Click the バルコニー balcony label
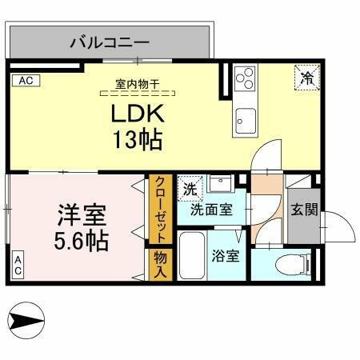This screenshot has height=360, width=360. [x=109, y=40]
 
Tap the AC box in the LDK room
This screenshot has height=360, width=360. [x=25, y=80]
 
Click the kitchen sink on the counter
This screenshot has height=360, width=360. [x=243, y=120]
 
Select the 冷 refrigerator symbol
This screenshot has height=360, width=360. [x=307, y=78]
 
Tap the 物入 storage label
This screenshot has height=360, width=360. [x=160, y=265]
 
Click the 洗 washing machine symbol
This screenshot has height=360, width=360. [x=190, y=189]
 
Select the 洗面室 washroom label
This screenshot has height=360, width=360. [x=211, y=211]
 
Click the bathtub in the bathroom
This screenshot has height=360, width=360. [x=190, y=256]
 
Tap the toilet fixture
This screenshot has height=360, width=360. [x=288, y=265]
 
